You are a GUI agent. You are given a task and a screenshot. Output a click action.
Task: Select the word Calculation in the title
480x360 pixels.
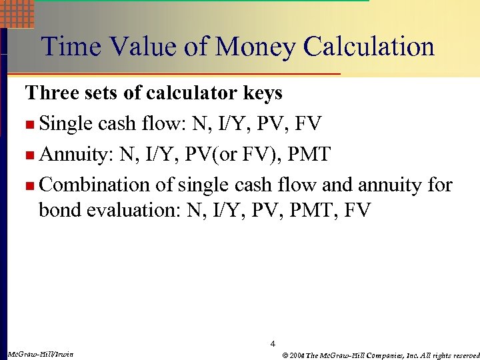[369, 47]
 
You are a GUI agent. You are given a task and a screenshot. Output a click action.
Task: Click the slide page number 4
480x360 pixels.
[273, 344]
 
